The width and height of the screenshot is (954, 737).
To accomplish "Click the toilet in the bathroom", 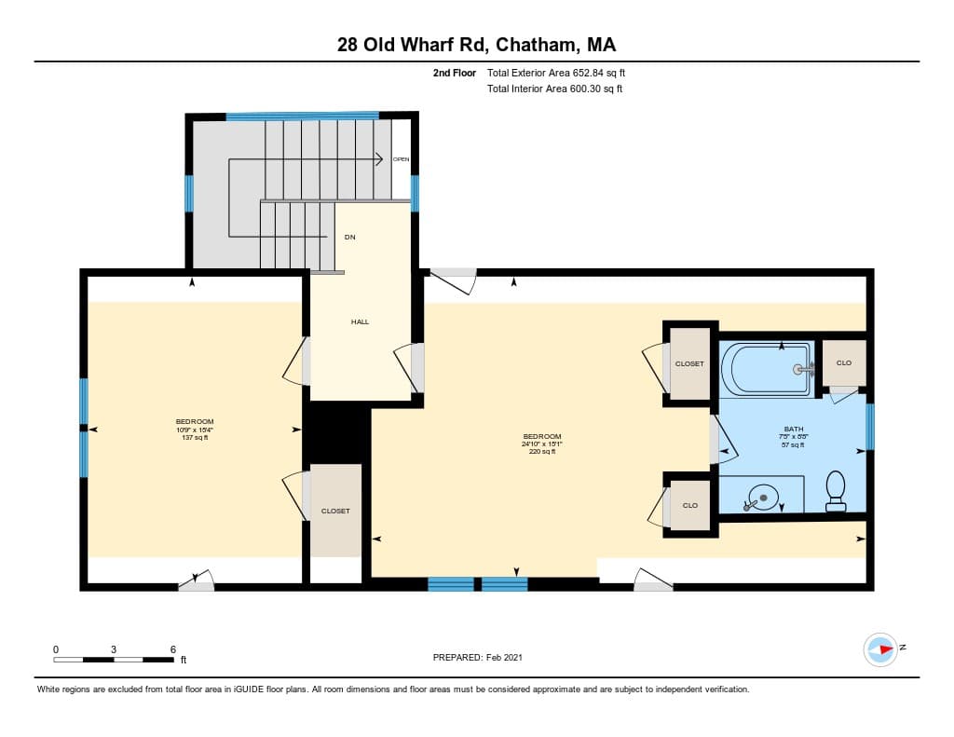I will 836,490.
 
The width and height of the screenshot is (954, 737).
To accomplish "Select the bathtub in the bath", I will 770,369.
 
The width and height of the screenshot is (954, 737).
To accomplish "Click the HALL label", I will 360,321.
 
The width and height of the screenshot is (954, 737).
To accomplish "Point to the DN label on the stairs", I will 349,238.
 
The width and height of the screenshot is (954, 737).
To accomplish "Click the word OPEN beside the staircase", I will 401,159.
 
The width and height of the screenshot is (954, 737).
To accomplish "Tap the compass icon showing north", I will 880,648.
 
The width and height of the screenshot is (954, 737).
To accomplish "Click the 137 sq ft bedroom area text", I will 195,438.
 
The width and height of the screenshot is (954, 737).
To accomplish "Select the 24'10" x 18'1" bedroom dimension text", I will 541,444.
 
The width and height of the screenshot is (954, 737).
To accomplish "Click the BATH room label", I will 793,429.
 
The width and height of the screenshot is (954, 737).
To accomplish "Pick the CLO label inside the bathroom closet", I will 843,362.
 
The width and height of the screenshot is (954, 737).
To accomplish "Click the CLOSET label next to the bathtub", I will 689,363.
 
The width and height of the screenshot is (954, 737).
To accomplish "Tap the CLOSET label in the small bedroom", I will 335,511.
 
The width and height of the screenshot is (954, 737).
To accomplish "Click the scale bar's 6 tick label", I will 173,648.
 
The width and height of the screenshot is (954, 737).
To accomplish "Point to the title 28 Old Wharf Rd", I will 411,45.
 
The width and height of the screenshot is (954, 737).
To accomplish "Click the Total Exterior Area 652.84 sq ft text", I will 562,73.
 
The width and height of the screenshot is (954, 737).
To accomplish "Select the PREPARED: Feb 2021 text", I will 477,657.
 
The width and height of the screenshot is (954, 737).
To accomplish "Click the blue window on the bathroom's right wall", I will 870,426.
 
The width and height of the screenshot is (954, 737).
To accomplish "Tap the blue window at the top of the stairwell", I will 302,116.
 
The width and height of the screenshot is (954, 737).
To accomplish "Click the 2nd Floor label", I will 455,73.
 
